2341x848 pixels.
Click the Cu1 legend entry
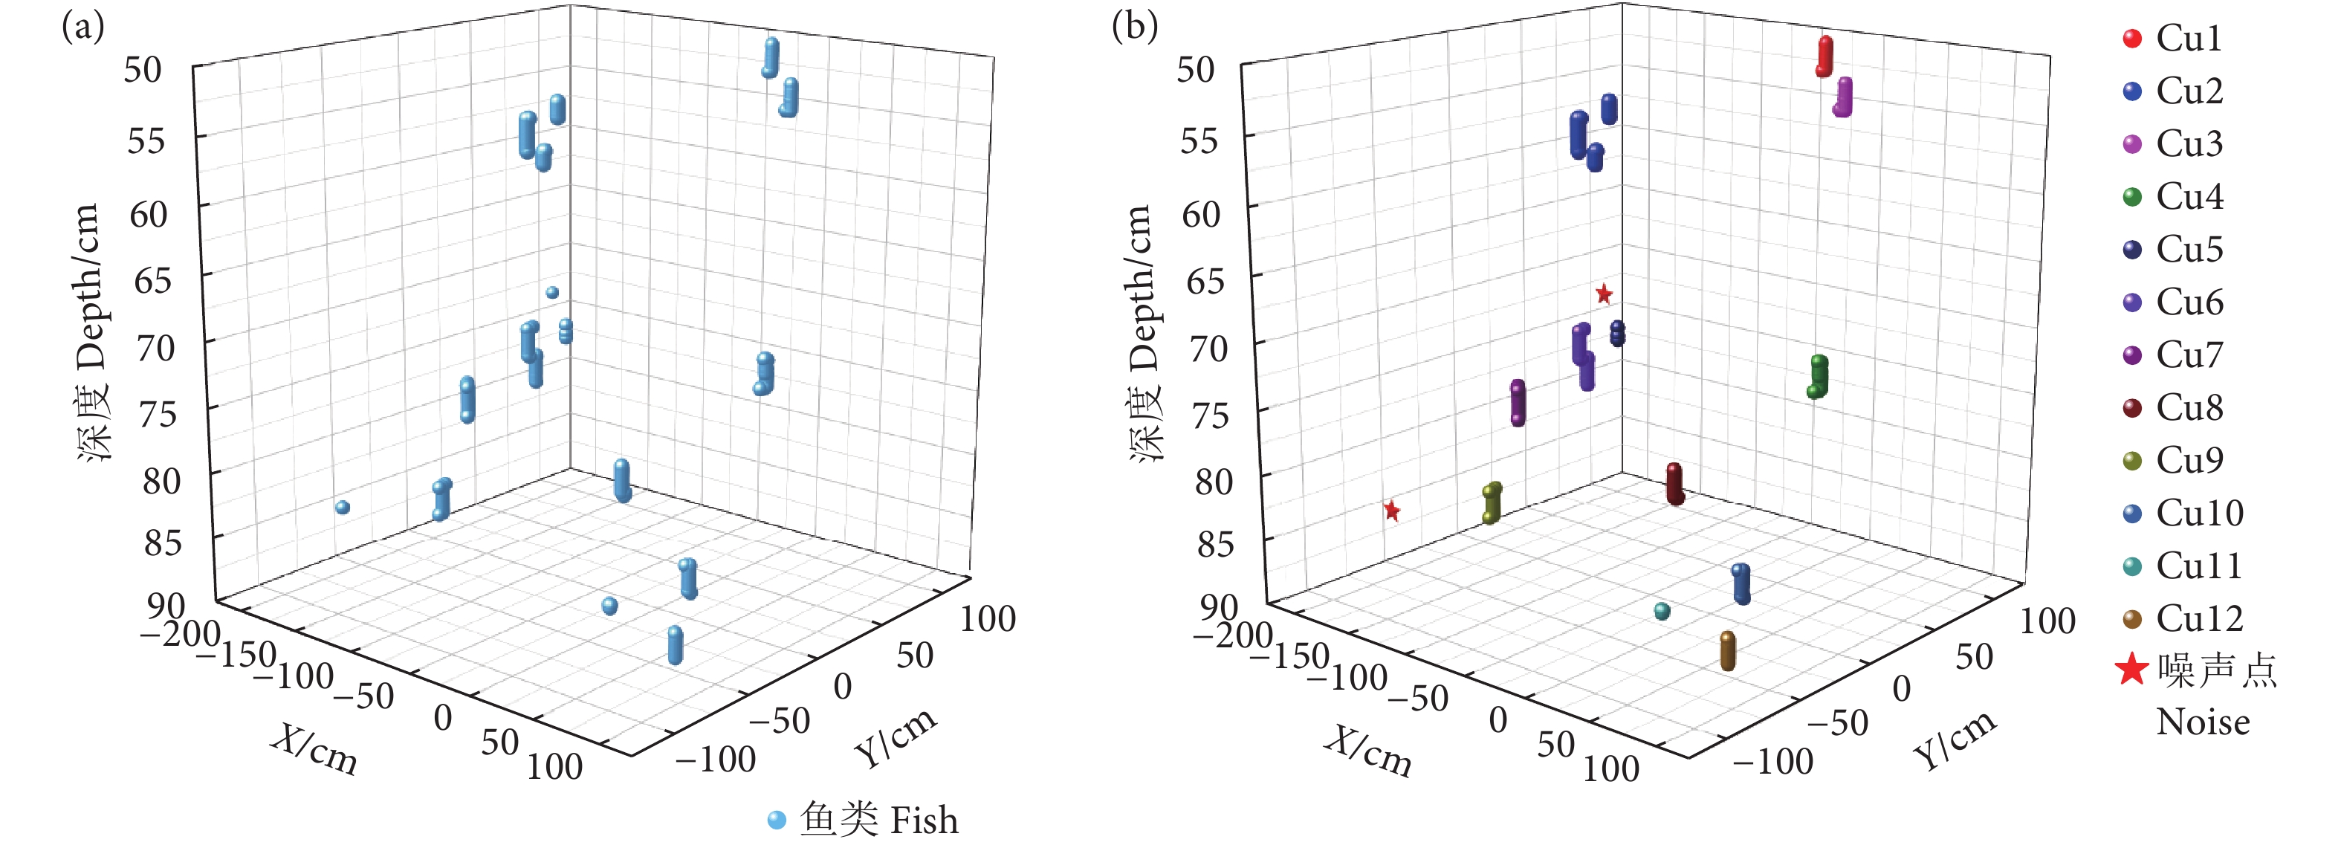click(x=2189, y=38)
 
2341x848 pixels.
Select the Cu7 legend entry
click(x=2189, y=355)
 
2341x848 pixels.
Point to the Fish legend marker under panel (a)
click(x=776, y=820)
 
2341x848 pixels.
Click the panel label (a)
click(x=82, y=27)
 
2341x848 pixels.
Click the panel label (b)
click(x=1134, y=27)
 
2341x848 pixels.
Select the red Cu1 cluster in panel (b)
click(x=1824, y=56)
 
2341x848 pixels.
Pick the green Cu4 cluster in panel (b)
click(x=1818, y=376)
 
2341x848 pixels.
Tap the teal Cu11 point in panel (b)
click(x=1662, y=611)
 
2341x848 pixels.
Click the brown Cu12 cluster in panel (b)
click(x=1728, y=651)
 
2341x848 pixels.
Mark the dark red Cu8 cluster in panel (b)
click(x=1675, y=484)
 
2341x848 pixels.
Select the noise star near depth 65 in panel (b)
click(x=1604, y=294)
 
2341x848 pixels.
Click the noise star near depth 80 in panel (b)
click(x=1391, y=511)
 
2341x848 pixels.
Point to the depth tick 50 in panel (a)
click(x=143, y=70)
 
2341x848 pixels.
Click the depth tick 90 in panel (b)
click(x=1219, y=606)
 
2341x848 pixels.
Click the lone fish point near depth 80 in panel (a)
click(x=343, y=507)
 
